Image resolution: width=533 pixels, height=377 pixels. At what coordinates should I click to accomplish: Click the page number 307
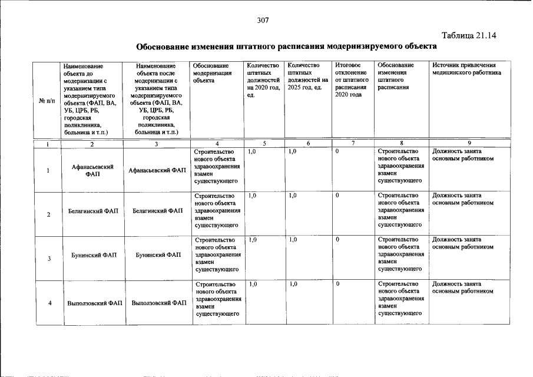pyautogui.click(x=263, y=20)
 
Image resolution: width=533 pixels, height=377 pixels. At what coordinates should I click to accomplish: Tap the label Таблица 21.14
pyautogui.click(x=469, y=35)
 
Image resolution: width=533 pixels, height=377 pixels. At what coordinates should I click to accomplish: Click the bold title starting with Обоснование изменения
pyautogui.click(x=286, y=47)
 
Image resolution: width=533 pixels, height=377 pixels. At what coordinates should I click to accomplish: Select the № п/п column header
pyautogui.click(x=47, y=100)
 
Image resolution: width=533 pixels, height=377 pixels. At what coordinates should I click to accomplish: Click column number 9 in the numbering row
pyautogui.click(x=469, y=143)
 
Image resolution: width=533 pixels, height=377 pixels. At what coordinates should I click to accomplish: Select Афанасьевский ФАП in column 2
pyautogui.click(x=92, y=170)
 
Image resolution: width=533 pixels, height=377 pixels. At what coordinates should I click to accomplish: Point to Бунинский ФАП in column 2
pyautogui.click(x=92, y=255)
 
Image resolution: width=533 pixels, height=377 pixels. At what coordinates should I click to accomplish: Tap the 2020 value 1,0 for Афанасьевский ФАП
pyautogui.click(x=253, y=152)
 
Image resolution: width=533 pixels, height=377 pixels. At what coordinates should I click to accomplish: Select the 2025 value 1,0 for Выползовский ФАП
pyautogui.click(x=293, y=285)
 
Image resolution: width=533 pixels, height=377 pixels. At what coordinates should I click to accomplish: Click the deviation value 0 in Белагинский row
pyautogui.click(x=337, y=196)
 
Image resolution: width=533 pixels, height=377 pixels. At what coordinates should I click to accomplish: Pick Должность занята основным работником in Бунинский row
pyautogui.click(x=462, y=243)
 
